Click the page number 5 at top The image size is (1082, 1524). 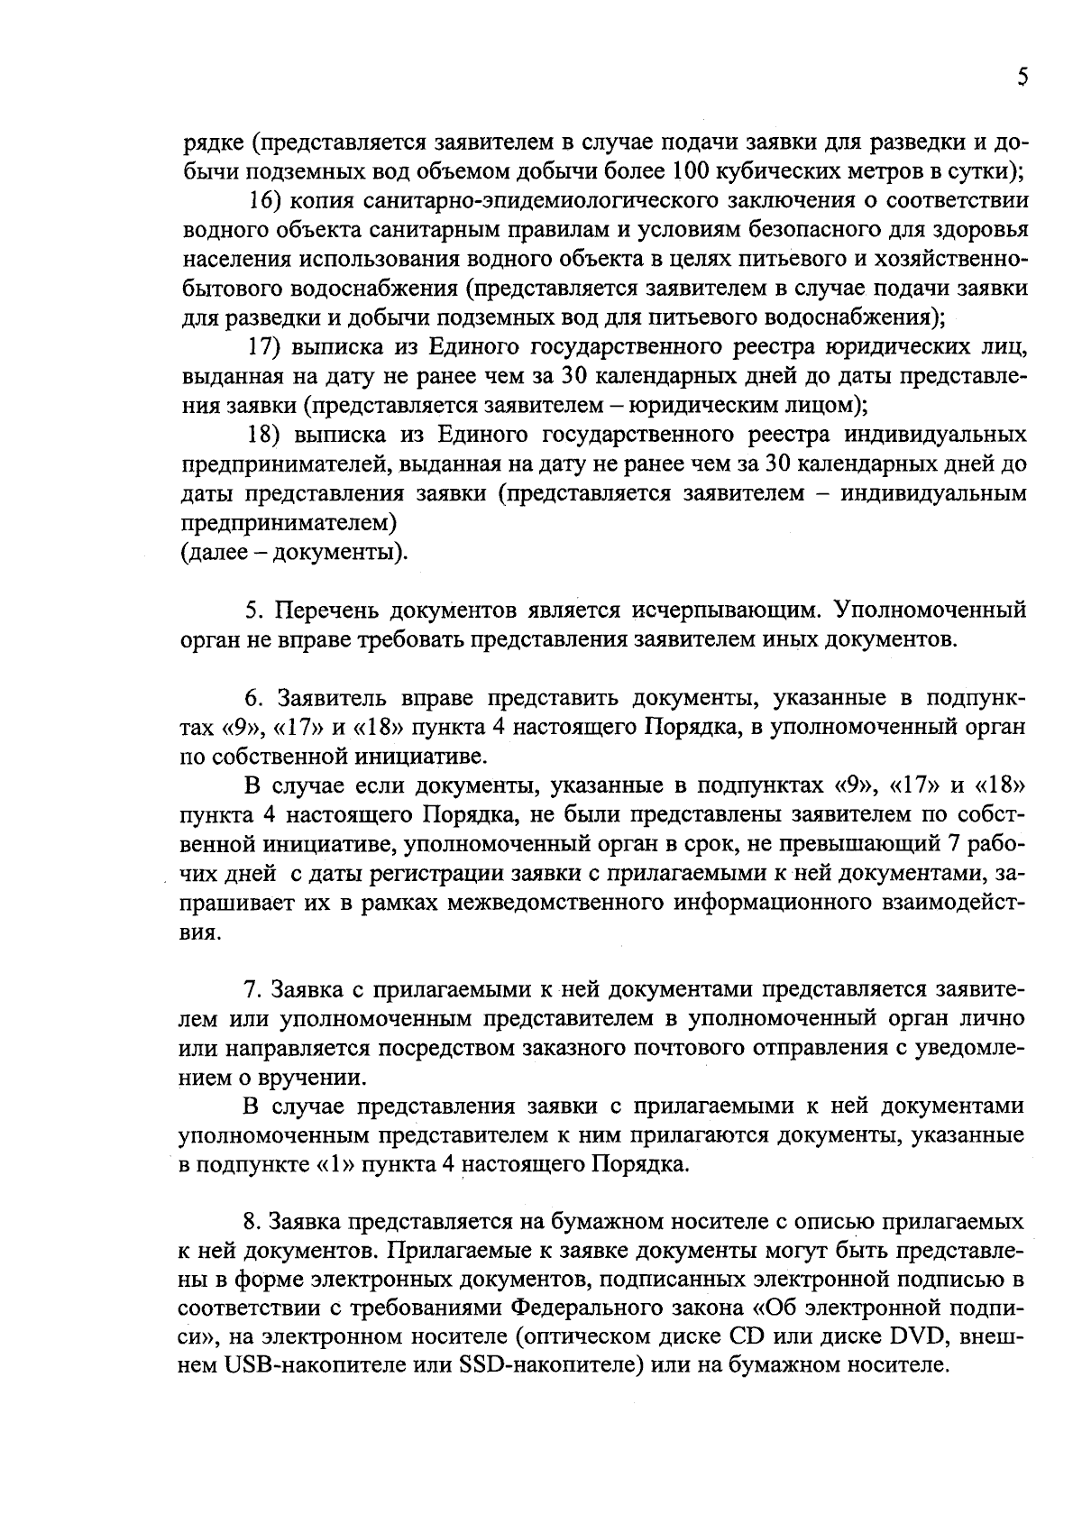[1022, 78]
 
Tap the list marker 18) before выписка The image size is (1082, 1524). [267, 436]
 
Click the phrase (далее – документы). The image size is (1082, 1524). [294, 551]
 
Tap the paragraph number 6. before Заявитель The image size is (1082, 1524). [254, 699]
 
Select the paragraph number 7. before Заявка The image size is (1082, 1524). [254, 991]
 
